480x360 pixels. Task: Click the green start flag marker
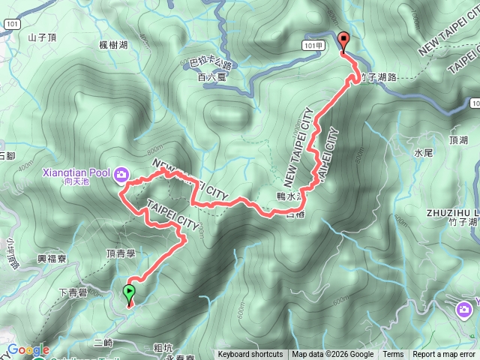[129, 292]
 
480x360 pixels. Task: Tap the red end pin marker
[343, 42]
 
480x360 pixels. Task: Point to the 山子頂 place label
[42, 36]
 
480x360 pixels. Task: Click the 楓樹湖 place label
[113, 45]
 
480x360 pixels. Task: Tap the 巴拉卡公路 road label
[209, 65]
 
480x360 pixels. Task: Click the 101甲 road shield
[315, 45]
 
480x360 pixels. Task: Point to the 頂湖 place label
[458, 140]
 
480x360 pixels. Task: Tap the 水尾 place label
[424, 152]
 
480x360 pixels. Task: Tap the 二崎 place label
[104, 342]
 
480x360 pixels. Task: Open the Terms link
[393, 355]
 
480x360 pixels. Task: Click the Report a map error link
[444, 355]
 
